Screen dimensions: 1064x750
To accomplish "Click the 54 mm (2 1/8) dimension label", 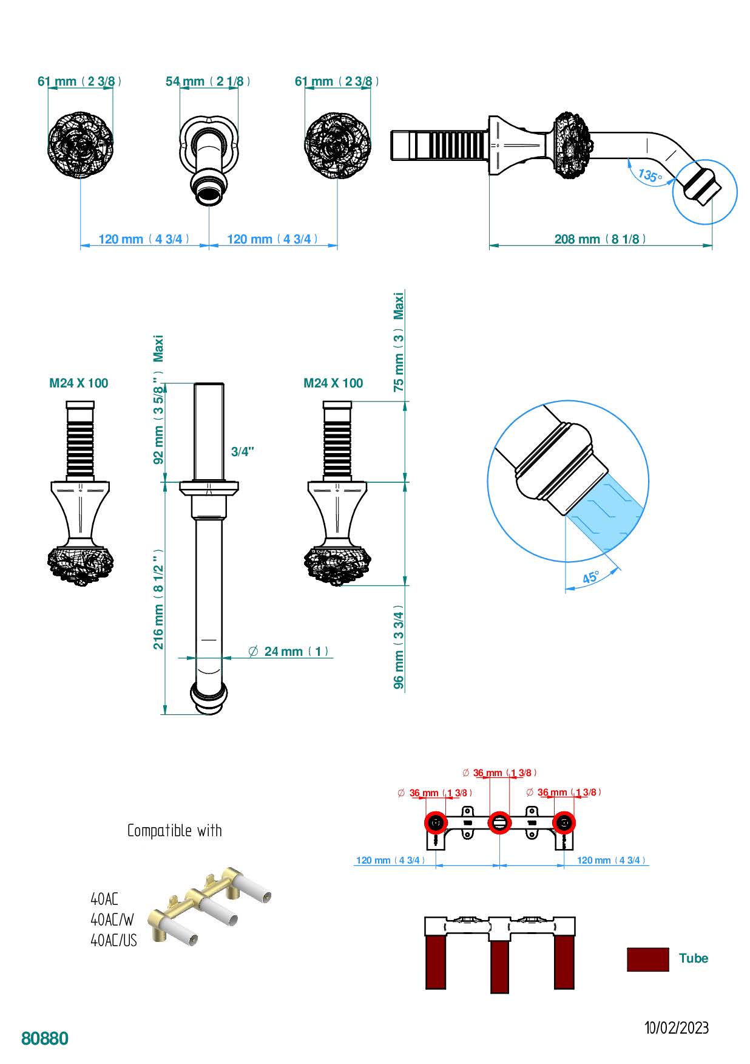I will coord(208,81).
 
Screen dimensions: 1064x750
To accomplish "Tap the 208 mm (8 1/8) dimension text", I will coord(600,239).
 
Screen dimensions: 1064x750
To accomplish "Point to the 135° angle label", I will coord(649,176).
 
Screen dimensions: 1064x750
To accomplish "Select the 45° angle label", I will coord(590,578).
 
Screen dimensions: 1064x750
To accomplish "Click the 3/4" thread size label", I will coord(243,452).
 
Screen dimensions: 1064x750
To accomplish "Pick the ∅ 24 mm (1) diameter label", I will coord(289,652).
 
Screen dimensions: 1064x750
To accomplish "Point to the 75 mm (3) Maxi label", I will coord(399,343).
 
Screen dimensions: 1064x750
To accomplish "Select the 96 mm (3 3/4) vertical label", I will coord(399,647).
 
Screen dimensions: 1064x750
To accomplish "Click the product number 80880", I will coord(45,1038).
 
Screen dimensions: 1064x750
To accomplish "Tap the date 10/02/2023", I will coord(677,1028).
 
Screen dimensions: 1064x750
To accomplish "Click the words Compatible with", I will coord(175,831).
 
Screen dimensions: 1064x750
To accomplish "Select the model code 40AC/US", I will coord(114,941).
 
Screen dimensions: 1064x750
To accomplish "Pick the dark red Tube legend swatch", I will coord(647,959).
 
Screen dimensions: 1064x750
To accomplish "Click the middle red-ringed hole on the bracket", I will coord(499,823).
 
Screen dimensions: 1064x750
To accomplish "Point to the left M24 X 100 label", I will coord(79,383).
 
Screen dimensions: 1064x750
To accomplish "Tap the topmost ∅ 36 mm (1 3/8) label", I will coord(499,773).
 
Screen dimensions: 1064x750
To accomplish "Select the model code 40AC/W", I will coord(112,920).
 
